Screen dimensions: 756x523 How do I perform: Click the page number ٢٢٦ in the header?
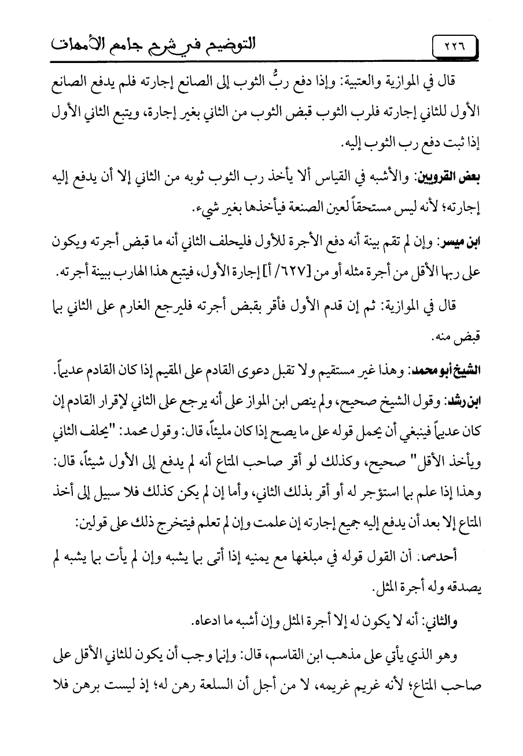453,46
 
